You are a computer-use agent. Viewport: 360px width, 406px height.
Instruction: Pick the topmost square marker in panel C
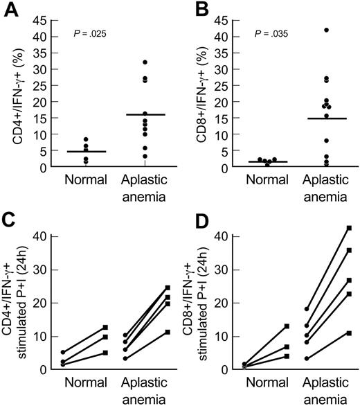(168, 288)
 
